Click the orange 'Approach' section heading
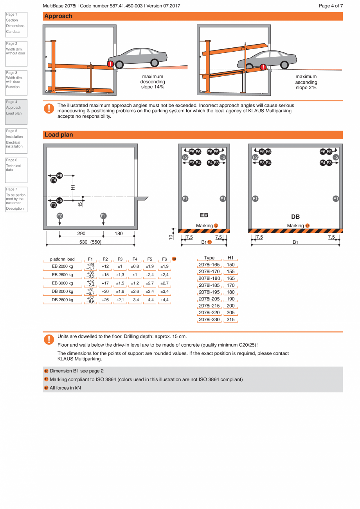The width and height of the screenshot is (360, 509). (58, 16)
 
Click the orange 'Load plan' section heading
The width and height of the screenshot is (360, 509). (59, 135)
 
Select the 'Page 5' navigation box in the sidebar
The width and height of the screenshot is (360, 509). (16, 138)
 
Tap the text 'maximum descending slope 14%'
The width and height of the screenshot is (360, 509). (153, 82)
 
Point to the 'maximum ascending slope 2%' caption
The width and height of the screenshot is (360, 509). (306, 82)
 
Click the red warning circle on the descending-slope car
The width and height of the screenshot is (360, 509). (111, 63)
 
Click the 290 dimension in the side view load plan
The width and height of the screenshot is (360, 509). (81, 234)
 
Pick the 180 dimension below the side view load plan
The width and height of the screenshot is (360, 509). (119, 234)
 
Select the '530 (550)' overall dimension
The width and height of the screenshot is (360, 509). (90, 242)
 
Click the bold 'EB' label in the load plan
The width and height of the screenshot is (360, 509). (204, 215)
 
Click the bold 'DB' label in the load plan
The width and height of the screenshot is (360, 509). (295, 217)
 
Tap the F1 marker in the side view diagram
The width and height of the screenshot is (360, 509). (103, 216)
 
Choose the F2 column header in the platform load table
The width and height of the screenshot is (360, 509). (105, 259)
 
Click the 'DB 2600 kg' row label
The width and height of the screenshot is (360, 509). (63, 300)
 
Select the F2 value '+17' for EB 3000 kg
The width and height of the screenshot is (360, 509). (105, 283)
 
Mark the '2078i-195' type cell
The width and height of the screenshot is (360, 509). (209, 292)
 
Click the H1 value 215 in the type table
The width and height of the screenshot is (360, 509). (230, 320)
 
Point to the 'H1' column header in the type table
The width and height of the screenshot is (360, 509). (230, 258)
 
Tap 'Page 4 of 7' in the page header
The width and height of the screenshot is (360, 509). (331, 6)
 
